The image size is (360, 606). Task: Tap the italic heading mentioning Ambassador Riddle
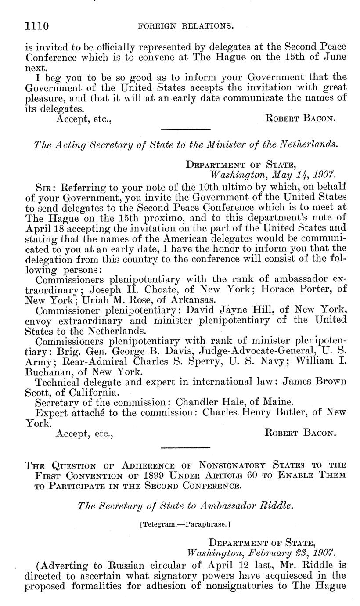click(185, 506)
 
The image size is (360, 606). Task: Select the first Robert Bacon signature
click(301, 118)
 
